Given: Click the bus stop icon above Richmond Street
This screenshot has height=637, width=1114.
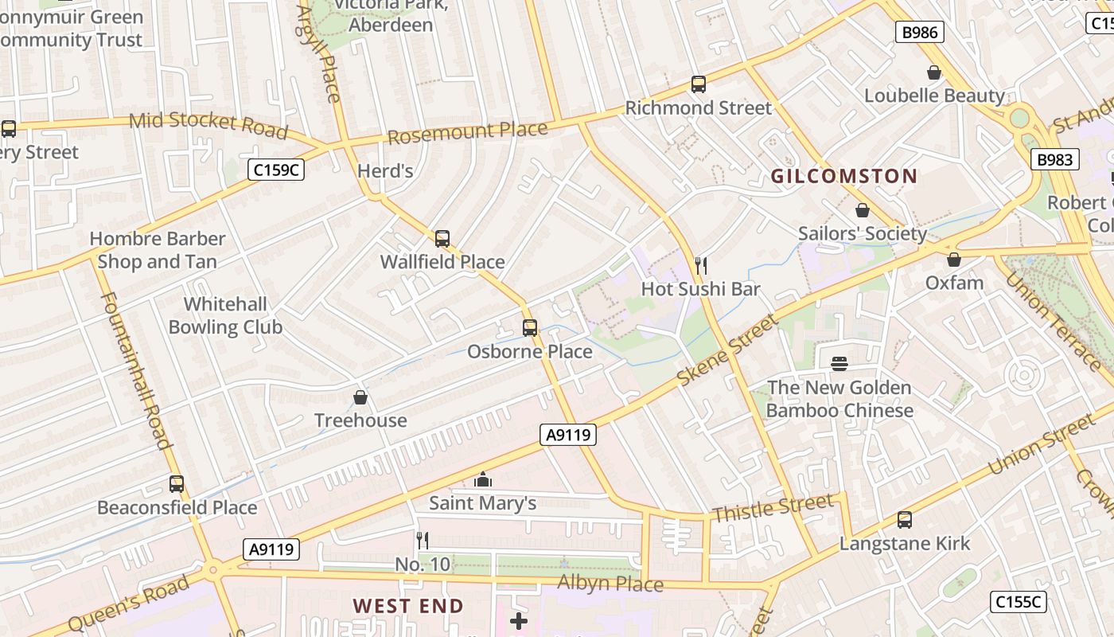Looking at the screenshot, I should pyautogui.click(x=698, y=84).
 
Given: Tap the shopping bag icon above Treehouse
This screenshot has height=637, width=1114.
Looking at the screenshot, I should pyautogui.click(x=360, y=397).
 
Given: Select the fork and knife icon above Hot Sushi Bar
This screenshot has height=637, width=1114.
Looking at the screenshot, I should pyautogui.click(x=700, y=265).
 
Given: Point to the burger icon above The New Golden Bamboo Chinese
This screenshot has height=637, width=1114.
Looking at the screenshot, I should pyautogui.click(x=839, y=364).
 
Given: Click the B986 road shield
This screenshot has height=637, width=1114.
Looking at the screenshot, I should pyautogui.click(x=921, y=32).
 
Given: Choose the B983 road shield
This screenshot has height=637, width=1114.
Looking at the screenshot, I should pyautogui.click(x=1055, y=159).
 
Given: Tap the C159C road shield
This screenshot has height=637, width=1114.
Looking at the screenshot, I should pyautogui.click(x=275, y=169).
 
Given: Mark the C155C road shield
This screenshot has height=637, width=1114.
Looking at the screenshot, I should pyautogui.click(x=1019, y=602).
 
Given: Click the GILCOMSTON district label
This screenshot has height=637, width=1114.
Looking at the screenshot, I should pyautogui.click(x=843, y=176).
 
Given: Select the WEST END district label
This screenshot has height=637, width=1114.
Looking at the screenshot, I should pyautogui.click(x=408, y=606).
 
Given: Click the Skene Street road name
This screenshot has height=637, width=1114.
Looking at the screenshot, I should pyautogui.click(x=727, y=350).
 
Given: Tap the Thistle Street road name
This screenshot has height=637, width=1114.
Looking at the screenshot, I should pyautogui.click(x=773, y=507).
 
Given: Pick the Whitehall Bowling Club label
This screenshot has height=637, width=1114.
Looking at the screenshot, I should pyautogui.click(x=225, y=315).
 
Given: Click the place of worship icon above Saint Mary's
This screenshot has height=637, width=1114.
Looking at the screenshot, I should pyautogui.click(x=482, y=479).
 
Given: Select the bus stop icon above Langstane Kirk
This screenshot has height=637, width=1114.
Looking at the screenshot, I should pyautogui.click(x=904, y=520).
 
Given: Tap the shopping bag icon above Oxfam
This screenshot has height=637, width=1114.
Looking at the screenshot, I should pyautogui.click(x=953, y=260).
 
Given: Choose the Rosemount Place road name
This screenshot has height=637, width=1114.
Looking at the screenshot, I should pyautogui.click(x=468, y=132).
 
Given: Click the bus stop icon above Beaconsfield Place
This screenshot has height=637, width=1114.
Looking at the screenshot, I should pyautogui.click(x=177, y=483).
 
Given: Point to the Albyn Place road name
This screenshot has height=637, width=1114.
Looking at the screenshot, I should pyautogui.click(x=610, y=583).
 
